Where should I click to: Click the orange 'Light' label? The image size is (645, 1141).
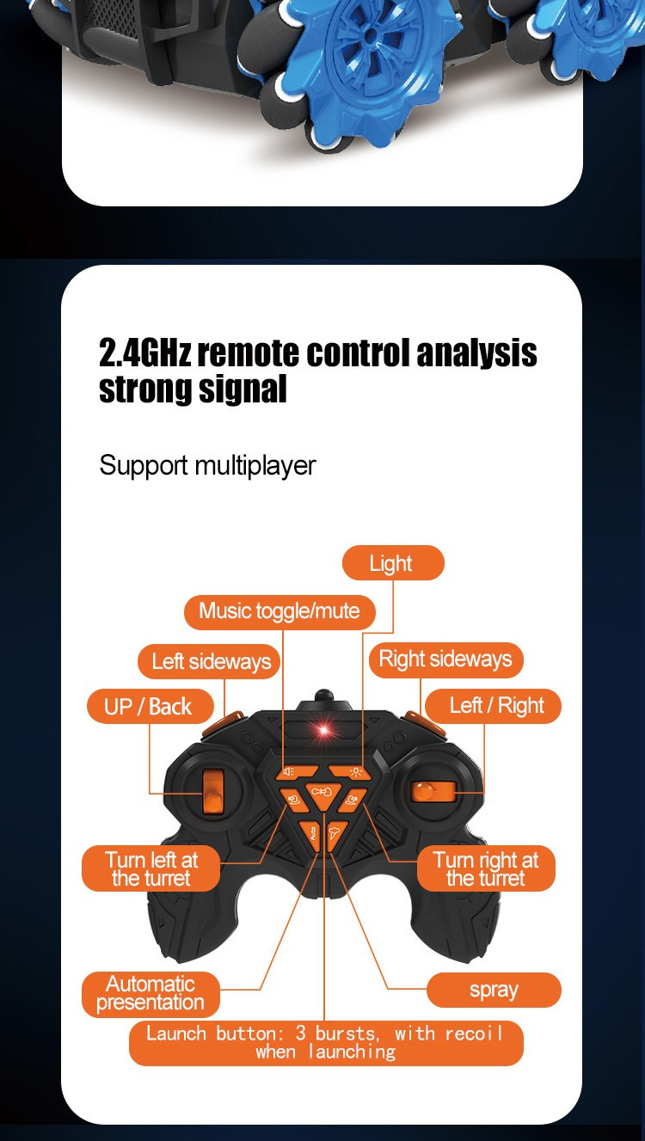pyautogui.click(x=393, y=563)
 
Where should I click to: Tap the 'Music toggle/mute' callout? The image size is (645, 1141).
pyautogui.click(x=279, y=611)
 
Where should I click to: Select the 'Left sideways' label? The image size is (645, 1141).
pyautogui.click(x=211, y=661)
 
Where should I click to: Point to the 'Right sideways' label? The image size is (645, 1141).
pyautogui.click(x=445, y=659)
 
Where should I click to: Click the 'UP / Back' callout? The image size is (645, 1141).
pyautogui.click(x=148, y=707)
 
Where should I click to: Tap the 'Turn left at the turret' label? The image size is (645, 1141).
pyautogui.click(x=150, y=868)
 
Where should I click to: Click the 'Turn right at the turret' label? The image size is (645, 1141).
pyautogui.click(x=486, y=868)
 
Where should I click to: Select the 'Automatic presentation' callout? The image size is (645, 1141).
pyautogui.click(x=150, y=993)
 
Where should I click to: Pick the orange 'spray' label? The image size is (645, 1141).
pyautogui.click(x=494, y=990)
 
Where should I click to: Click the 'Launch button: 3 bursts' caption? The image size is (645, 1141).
pyautogui.click(x=325, y=1042)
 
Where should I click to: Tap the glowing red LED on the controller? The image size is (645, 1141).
pyautogui.click(x=324, y=731)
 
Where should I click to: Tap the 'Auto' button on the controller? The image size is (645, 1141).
pyautogui.click(x=311, y=832)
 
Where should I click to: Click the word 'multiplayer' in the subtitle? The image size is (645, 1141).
pyautogui.click(x=255, y=465)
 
